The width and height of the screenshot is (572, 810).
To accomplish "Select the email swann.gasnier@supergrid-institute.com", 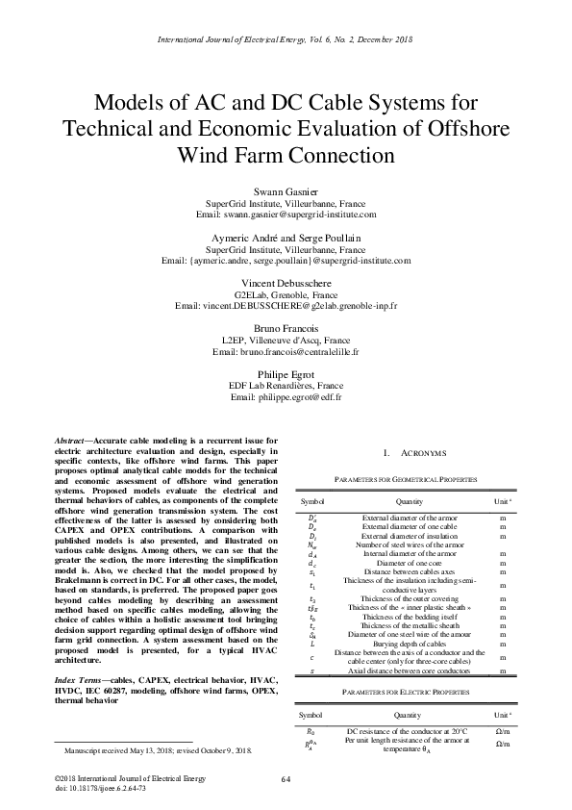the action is [286, 215].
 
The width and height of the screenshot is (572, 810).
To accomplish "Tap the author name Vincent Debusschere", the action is [286, 284].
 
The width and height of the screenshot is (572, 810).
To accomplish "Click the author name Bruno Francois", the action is [286, 329].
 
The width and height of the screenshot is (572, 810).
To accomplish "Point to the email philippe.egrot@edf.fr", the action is [286, 396].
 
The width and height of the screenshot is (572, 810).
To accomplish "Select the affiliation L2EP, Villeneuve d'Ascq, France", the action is [286, 341].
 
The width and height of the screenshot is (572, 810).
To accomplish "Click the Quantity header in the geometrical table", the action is [408, 501].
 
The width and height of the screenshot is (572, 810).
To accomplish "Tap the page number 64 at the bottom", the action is [286, 777].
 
